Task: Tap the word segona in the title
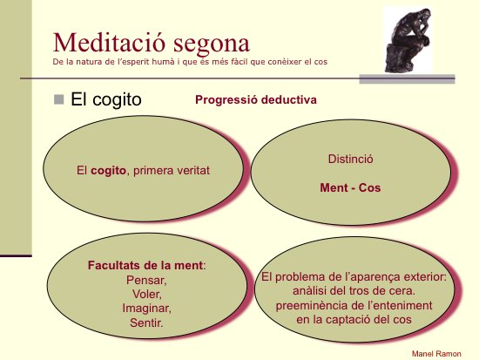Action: click(x=212, y=45)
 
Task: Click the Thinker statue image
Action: click(x=408, y=40)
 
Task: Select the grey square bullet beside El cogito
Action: click(x=58, y=99)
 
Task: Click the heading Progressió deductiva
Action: click(x=256, y=99)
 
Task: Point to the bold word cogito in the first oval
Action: click(x=108, y=171)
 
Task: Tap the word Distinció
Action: click(x=350, y=159)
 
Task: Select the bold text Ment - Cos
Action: click(x=350, y=187)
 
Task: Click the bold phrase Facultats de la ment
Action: click(x=145, y=265)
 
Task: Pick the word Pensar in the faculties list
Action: click(x=146, y=280)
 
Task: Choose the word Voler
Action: click(x=147, y=295)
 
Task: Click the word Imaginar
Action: click(x=147, y=308)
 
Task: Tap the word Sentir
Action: click(x=146, y=323)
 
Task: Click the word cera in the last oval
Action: click(x=402, y=290)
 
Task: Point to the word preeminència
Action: click(x=310, y=305)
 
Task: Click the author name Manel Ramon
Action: click(x=436, y=354)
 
